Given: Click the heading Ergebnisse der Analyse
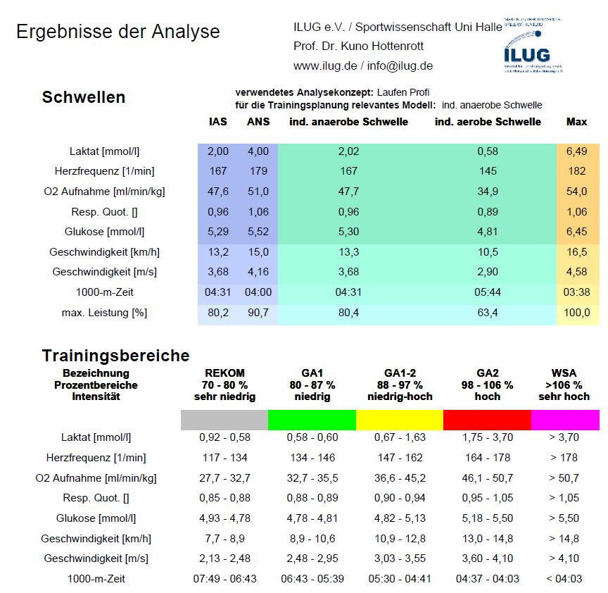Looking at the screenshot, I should click(x=118, y=32).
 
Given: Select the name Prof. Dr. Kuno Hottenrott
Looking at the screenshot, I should click(x=358, y=46).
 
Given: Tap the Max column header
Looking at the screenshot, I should click(x=576, y=122).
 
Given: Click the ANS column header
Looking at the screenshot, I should click(x=258, y=122).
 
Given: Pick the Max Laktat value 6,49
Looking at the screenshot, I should click(x=576, y=151).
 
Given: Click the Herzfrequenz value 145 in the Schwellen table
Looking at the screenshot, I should click(x=487, y=171).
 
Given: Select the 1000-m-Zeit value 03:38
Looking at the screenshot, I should click(x=576, y=292).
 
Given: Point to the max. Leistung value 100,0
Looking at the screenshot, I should click(x=576, y=312).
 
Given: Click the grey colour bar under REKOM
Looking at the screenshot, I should click(x=224, y=420).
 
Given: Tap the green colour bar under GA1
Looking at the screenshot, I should click(x=312, y=420).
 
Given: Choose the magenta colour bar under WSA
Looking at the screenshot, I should click(x=564, y=420).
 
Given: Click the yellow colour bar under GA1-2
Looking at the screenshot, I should click(x=400, y=420).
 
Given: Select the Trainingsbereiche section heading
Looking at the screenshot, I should click(x=115, y=356).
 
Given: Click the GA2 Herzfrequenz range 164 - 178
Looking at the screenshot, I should click(x=487, y=458).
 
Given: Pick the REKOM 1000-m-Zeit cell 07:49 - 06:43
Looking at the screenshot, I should click(x=224, y=579).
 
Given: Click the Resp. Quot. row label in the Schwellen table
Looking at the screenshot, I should click(x=100, y=211).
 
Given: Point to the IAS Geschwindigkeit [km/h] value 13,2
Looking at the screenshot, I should click(x=218, y=252).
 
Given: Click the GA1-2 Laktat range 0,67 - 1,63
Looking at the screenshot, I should click(x=400, y=437).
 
